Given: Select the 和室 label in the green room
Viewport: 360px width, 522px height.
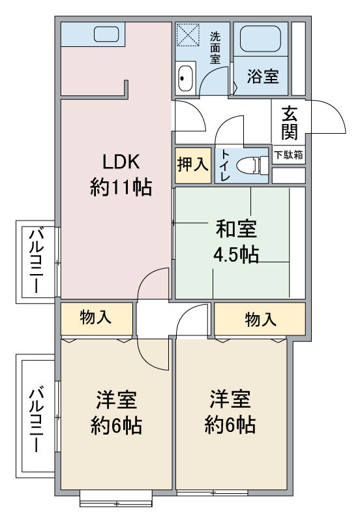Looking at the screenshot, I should pyautogui.click(x=236, y=229).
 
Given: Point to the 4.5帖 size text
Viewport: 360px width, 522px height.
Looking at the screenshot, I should pyautogui.click(x=236, y=254).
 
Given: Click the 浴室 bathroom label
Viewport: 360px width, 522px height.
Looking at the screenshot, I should pyautogui.click(x=263, y=76).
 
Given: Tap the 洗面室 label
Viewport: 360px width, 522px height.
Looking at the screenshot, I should pyautogui.click(x=215, y=46).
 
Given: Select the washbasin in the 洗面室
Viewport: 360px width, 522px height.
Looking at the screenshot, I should pyautogui.click(x=185, y=79).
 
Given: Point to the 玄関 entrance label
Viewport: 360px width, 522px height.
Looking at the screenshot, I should pyautogui.click(x=290, y=123).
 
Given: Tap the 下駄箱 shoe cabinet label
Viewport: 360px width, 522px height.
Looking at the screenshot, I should pyautogui.click(x=288, y=155).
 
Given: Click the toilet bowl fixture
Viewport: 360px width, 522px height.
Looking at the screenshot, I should pyautogui.click(x=250, y=165).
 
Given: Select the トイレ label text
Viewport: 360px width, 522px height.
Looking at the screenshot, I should pyautogui.click(x=224, y=165).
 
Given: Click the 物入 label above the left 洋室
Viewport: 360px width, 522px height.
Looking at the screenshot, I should pyautogui.click(x=96, y=318).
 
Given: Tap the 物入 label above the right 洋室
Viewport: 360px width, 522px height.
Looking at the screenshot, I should pyautogui.click(x=260, y=319).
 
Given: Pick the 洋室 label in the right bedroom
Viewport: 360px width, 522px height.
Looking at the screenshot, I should pyautogui.click(x=230, y=399).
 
